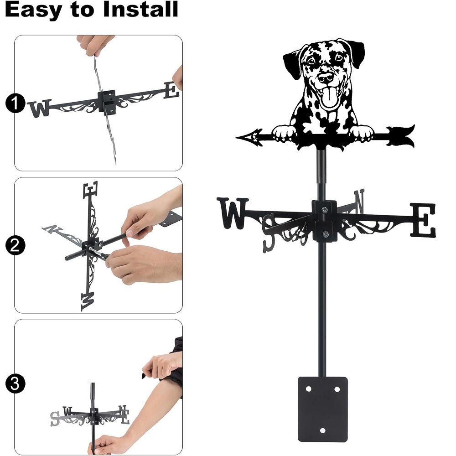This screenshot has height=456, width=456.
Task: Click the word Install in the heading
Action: click(140, 9)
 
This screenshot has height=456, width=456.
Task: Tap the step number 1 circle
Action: click(15, 103)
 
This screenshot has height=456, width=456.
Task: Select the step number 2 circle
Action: click(15, 245)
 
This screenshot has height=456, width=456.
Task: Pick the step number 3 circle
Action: click(15, 383)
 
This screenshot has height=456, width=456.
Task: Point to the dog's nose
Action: click(326, 77)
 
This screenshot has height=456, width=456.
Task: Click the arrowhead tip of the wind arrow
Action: click(236, 137)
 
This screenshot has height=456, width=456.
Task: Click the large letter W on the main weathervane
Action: click(233, 213)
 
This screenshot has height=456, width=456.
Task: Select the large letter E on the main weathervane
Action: click(423, 220)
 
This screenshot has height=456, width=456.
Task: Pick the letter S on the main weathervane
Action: click(268, 233)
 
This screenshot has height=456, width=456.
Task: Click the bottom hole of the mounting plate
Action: click(322, 430)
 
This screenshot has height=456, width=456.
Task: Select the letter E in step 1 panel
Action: click(171, 90)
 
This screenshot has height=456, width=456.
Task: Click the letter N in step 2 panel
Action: click(52, 229)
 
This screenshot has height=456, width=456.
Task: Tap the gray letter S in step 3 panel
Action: click(55, 419)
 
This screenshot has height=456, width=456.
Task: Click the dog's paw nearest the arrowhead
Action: click(283, 133)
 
